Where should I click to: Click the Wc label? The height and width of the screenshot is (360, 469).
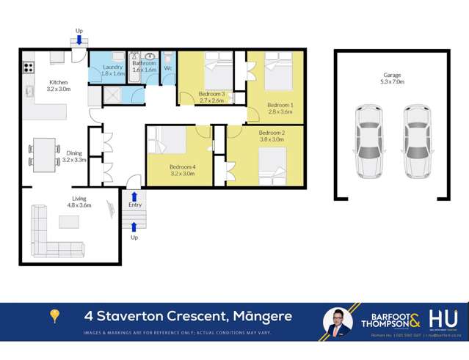[167, 68]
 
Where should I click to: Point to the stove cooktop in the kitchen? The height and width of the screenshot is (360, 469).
[29, 67]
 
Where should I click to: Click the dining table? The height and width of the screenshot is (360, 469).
[46, 154]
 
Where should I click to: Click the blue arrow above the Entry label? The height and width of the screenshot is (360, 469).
[134, 196]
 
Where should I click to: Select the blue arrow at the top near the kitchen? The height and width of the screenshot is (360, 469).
[79, 40]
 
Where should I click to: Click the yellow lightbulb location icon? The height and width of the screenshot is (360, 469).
[54, 317]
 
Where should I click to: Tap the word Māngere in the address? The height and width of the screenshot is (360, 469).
[262, 317]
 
